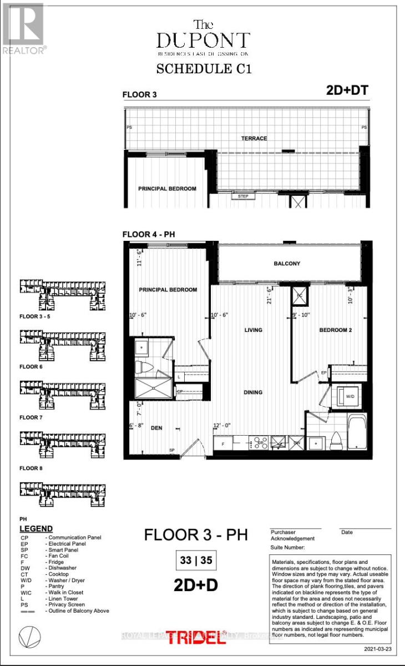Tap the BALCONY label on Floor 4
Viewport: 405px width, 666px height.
pyautogui.click(x=287, y=264)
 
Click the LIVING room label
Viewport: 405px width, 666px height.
pyautogui.click(x=254, y=330)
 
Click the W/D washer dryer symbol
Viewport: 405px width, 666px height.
pyautogui.click(x=350, y=396)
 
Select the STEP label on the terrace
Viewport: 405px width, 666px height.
pyautogui.click(x=242, y=196)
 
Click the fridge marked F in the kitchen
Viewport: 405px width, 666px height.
pyautogui.click(x=222, y=444)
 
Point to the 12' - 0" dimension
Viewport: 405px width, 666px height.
pyautogui.click(x=221, y=426)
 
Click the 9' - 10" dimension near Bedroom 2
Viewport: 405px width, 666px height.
pyautogui.click(x=301, y=316)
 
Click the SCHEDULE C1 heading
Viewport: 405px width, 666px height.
pyautogui.click(x=202, y=69)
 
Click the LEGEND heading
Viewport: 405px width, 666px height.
pyautogui.click(x=36, y=529)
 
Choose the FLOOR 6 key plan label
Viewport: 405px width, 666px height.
pyautogui.click(x=31, y=367)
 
